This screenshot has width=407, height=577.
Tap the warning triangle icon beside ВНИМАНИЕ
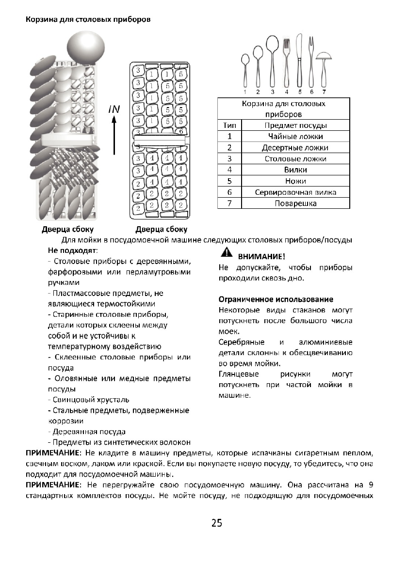(225, 252)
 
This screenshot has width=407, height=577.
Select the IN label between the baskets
(114, 110)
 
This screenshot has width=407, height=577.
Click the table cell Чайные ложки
(295, 137)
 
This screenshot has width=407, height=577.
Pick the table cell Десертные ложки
(295, 148)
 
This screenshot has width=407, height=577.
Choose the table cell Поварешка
(295, 203)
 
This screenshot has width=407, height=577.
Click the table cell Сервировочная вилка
(295, 192)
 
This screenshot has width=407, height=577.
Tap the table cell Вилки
(295, 170)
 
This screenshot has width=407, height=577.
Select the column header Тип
(229, 125)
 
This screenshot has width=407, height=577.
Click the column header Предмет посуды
(295, 125)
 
